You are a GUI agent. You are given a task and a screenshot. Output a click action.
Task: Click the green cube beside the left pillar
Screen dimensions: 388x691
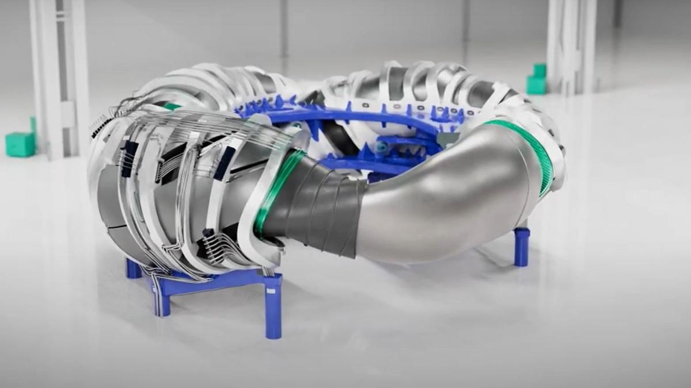click(21, 144)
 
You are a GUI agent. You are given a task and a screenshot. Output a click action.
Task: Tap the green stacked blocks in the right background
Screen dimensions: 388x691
click(537, 80)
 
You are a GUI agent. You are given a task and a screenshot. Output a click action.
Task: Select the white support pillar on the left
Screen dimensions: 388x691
click(58, 75)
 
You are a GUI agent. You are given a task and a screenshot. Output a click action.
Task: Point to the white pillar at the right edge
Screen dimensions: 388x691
click(570, 46)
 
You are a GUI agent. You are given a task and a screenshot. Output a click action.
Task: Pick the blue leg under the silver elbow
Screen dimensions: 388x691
click(521, 247)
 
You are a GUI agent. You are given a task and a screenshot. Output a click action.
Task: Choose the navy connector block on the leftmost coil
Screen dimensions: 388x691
click(129, 158)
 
